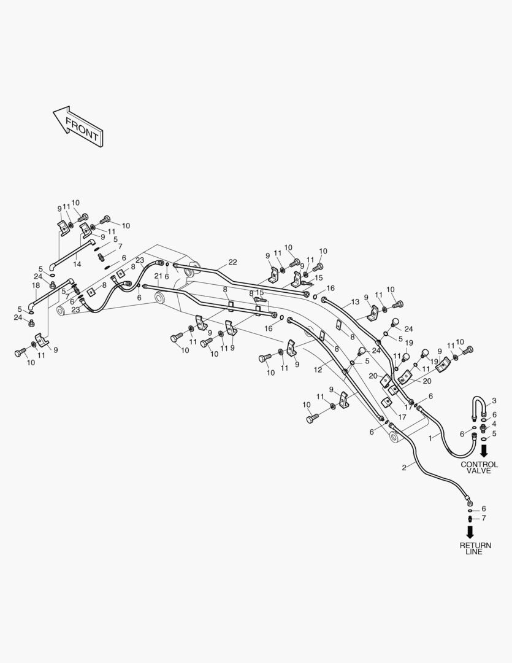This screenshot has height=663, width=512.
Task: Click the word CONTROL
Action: (479, 465)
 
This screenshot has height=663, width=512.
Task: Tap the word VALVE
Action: (479, 471)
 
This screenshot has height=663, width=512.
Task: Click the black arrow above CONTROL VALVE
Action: (484, 451)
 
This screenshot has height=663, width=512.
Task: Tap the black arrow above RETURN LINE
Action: (470, 532)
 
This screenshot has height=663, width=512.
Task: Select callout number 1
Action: (430, 438)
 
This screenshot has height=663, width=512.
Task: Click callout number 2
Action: (404, 467)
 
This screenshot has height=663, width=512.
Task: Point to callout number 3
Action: (494, 401)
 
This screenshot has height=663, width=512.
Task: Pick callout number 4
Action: (494, 424)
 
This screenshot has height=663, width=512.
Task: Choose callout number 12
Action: (318, 370)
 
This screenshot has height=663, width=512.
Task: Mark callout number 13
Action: (354, 302)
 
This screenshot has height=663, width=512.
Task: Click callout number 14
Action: (77, 264)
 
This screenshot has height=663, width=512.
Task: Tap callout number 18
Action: (36, 285)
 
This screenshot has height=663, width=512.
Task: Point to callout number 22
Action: (232, 262)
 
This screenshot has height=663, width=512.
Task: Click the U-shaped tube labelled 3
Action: (479, 407)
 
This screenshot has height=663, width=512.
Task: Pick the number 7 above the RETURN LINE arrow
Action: (483, 518)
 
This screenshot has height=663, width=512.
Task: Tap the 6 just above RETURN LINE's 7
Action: (483, 508)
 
